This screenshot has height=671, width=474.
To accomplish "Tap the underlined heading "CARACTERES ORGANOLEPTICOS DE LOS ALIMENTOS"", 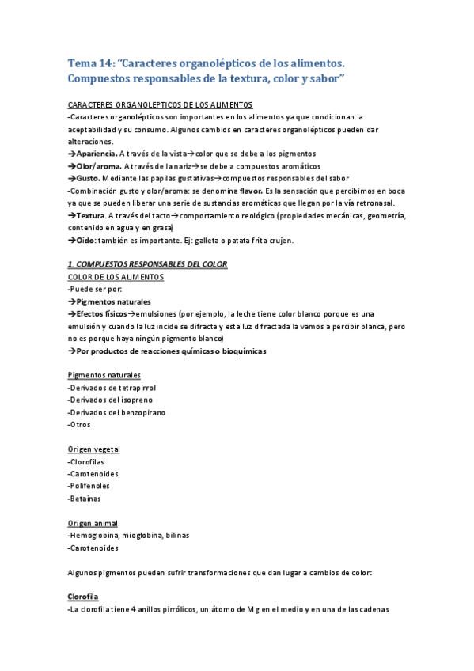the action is (x=161, y=104).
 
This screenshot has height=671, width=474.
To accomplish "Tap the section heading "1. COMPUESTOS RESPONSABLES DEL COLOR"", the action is (x=148, y=264).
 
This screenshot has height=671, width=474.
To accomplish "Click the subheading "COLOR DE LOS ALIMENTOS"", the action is (x=116, y=277).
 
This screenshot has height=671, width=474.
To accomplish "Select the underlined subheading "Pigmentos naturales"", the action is (x=105, y=374).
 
